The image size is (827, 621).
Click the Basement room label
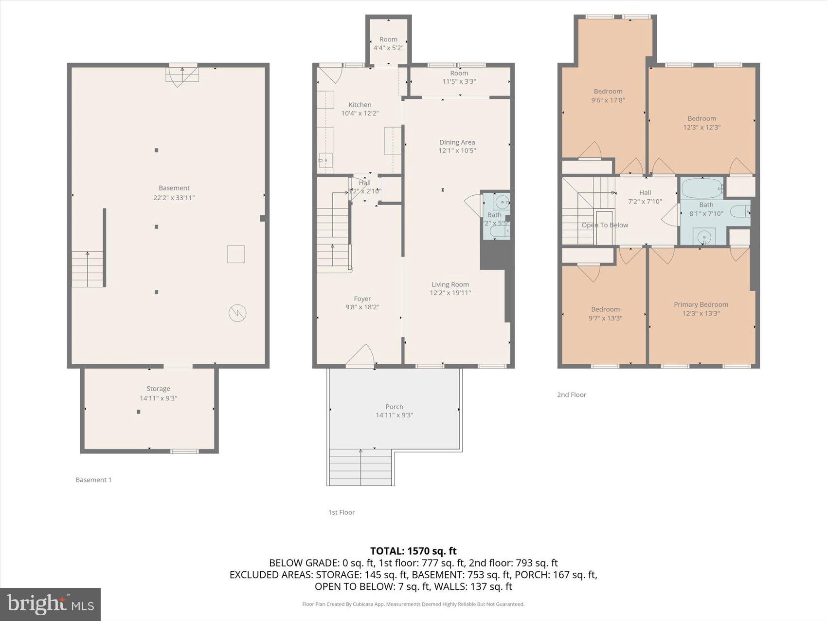[174, 188]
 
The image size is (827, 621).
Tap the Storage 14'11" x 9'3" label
[158, 393]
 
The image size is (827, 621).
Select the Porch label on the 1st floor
[394, 407]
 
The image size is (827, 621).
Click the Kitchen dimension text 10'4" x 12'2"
[360, 113]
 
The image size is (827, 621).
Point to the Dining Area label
[457, 142]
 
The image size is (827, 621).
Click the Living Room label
[450, 284]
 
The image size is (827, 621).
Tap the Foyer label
[362, 299]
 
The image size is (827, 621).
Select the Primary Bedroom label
[701, 304]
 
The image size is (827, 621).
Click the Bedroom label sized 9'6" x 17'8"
[608, 92]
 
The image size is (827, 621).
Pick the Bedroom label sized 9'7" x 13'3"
[605, 309]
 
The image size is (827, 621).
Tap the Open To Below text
[605, 225]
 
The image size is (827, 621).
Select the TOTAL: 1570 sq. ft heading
[413, 551]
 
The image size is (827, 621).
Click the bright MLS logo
[50, 604]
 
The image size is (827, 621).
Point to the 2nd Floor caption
[571, 395]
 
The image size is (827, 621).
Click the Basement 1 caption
[93, 480]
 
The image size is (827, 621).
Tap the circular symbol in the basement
[237, 313]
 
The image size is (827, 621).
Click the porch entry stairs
[360, 467]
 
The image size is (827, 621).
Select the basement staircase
[88, 269]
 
